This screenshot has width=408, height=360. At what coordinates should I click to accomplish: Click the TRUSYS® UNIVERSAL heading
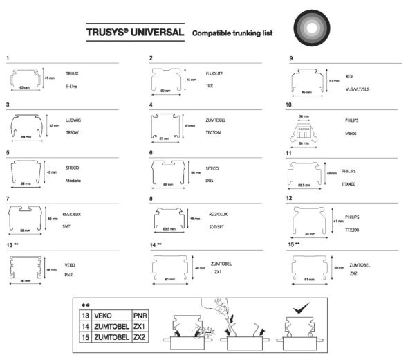coord(136,33)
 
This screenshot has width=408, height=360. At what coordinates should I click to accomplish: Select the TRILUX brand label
coord(73,73)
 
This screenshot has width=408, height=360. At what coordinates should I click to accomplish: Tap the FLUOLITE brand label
coord(214,73)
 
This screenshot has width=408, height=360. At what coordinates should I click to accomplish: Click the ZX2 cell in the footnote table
coord(139,337)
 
